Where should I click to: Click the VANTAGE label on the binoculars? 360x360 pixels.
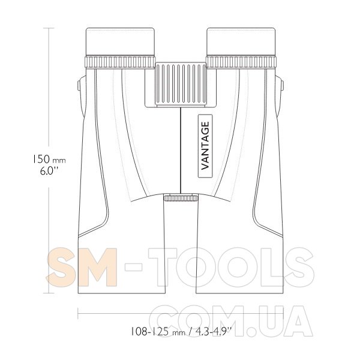tap(205, 146)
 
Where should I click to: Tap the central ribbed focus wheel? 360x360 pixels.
tap(181, 84)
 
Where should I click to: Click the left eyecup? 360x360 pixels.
tap(120, 41)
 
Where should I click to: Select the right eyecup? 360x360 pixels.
tap(241, 41)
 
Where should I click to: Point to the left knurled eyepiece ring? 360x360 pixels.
tap(120, 62)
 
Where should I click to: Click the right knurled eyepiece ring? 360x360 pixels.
tap(241, 62)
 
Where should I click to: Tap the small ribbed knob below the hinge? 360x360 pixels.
tap(181, 197)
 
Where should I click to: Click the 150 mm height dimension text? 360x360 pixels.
tap(49, 159)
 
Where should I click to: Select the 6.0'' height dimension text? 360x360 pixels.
tap(49, 171)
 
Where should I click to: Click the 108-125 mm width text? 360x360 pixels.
tap(158, 332)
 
